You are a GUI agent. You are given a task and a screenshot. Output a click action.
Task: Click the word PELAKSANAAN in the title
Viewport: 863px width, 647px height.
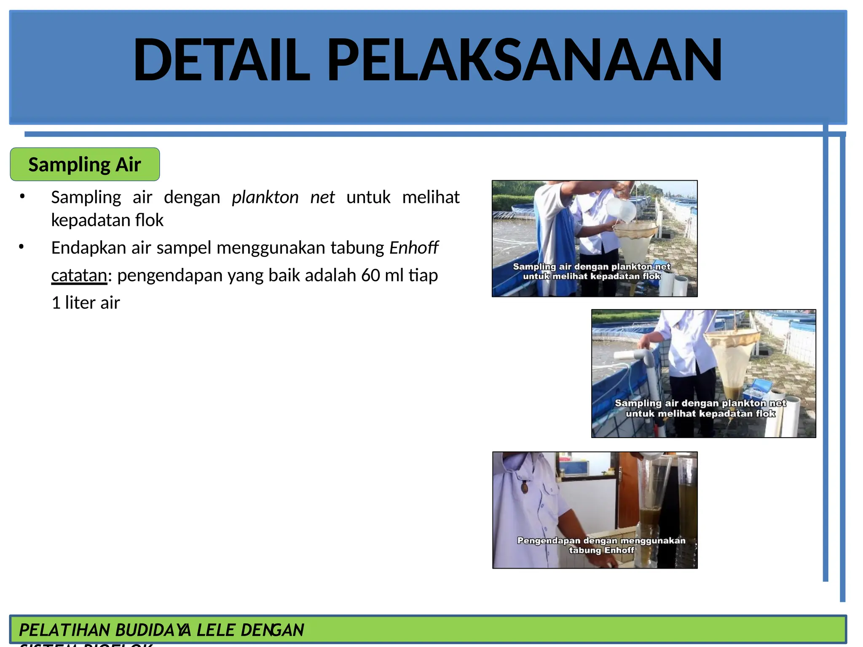pos(524,59)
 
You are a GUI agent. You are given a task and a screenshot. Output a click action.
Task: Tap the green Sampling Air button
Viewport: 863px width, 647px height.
pos(85,164)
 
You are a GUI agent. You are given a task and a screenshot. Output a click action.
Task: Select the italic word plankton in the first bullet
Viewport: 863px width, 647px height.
pos(265,197)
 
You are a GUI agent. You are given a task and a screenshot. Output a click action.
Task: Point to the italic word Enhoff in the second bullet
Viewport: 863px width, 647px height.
pos(414,248)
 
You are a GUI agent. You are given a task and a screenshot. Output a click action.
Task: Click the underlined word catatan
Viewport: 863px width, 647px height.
pos(79,275)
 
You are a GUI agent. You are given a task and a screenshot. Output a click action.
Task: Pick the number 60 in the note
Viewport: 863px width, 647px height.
pos(370,275)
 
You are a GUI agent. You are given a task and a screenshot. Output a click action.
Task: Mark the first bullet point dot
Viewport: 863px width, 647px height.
pos(22,196)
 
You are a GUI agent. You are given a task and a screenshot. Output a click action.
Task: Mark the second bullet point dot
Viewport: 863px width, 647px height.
pos(21,246)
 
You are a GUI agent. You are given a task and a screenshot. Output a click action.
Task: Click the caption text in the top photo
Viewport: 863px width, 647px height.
pos(592,271)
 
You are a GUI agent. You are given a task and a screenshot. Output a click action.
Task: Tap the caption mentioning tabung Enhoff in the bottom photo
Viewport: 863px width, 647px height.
pos(601,545)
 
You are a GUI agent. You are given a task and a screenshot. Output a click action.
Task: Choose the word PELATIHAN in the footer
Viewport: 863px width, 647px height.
pos(64,630)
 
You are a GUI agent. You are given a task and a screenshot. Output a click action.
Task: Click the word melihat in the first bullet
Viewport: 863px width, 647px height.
pos(431,197)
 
